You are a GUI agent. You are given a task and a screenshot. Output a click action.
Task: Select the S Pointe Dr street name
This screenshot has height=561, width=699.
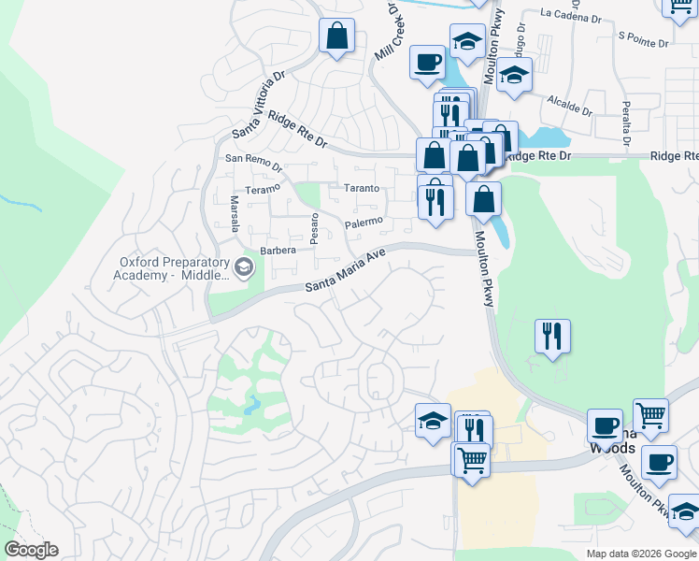643,43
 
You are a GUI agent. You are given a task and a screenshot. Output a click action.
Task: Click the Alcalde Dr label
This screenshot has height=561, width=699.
569,103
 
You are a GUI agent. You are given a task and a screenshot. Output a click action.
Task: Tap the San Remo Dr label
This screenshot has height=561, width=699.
253,161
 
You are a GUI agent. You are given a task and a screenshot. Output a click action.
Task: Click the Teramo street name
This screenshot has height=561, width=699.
263,189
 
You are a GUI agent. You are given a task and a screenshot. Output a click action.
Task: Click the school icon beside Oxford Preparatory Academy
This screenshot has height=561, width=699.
243,268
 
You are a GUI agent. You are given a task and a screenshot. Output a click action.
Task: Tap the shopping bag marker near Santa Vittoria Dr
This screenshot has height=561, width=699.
336,37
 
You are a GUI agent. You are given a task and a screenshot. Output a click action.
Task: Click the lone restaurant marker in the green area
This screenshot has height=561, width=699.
552,335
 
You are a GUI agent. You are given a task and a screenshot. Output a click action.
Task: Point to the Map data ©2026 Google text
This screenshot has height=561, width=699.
640,554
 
